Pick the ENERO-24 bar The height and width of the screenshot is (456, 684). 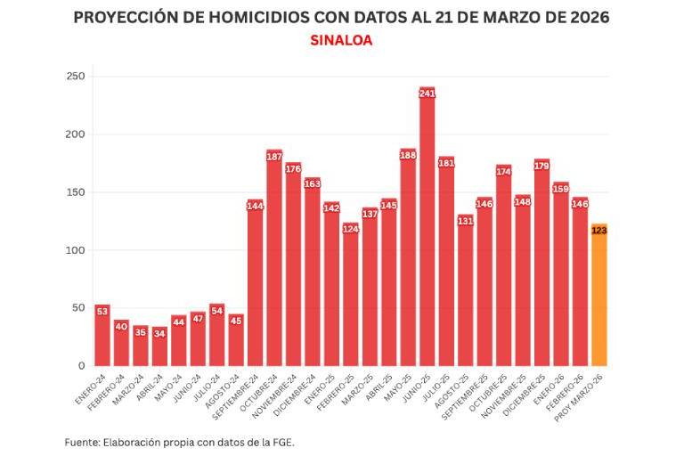pos(102,338)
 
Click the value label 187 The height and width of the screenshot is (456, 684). pos(274,157)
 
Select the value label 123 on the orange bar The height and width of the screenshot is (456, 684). pos(598,231)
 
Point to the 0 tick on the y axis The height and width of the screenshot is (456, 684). pos(81,366)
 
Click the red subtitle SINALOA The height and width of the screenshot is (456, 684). pos(341,41)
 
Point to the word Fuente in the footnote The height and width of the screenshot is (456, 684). pos(81,442)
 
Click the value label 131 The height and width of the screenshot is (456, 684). pos(465,221)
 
